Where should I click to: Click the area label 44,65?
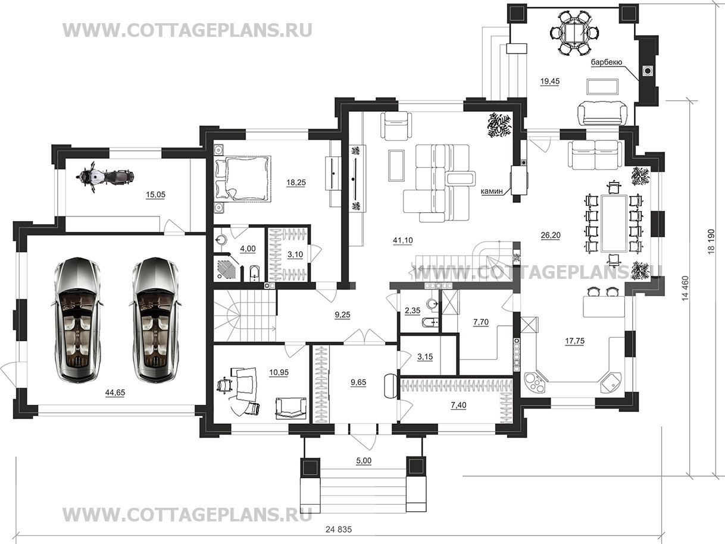(115, 392)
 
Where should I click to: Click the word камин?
(492, 191)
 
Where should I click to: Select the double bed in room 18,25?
(243, 178)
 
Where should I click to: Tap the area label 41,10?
(403, 241)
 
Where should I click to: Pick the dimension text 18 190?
(711, 241)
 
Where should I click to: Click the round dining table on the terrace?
(574, 33)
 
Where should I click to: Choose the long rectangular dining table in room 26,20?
(614, 224)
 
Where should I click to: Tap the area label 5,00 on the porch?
(364, 461)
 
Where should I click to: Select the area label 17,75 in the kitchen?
(575, 341)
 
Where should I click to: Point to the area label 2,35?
(412, 310)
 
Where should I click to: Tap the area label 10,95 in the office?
(279, 372)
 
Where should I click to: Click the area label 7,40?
(459, 405)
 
